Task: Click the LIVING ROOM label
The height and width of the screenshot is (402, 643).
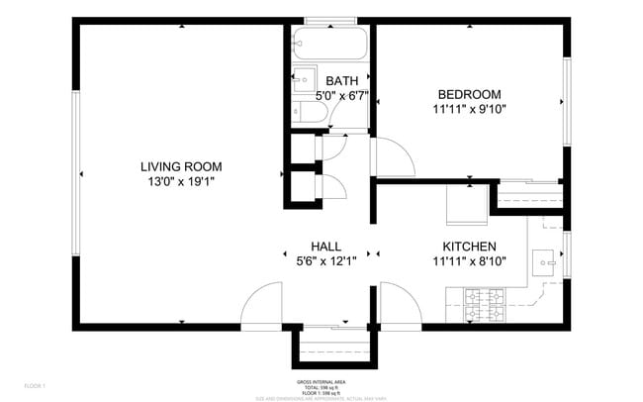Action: point(181,166)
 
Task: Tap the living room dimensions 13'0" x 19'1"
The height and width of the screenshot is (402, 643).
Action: point(181,182)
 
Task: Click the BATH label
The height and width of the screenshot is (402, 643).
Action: point(341,81)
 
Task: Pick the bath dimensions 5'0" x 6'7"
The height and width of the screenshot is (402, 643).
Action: point(341,96)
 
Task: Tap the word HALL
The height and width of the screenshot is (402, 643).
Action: point(325,247)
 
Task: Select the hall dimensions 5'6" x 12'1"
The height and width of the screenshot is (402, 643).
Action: point(325,261)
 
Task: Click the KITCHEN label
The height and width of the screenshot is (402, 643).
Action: point(469,247)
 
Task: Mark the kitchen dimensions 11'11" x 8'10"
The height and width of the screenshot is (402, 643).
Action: point(469,261)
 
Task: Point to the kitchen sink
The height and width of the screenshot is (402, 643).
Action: point(544,260)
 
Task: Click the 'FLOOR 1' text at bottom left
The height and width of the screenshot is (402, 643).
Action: point(35,385)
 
